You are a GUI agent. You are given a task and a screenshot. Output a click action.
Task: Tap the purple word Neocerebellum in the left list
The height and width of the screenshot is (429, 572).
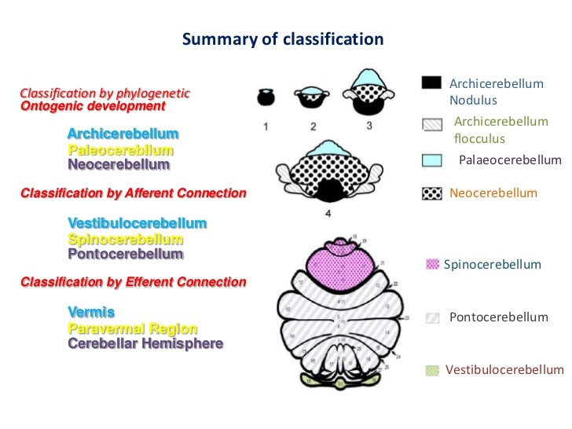[119, 164]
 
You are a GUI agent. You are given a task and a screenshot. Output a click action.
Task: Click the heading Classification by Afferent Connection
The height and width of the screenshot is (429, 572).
[133, 192]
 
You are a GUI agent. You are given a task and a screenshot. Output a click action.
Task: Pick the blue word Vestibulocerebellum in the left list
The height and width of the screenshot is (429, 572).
[137, 224]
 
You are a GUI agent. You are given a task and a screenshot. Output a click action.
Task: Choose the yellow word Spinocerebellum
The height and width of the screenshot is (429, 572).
[126, 239]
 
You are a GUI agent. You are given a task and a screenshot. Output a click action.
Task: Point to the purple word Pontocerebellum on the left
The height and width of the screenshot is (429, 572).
[126, 254]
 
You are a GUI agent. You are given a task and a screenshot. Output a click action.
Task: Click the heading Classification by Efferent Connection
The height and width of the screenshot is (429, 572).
[133, 282]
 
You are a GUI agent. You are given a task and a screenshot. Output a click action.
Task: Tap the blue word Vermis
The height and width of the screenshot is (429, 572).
[91, 313]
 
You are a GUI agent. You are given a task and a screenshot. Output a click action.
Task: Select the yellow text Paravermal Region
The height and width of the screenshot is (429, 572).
[133, 328]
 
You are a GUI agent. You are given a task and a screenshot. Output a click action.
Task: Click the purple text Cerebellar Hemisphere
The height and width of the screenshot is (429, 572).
[145, 343]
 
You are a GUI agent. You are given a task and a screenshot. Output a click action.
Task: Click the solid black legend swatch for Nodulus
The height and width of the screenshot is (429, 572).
[431, 83]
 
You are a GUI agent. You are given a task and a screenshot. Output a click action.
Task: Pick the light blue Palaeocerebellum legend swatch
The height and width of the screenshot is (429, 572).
[431, 160]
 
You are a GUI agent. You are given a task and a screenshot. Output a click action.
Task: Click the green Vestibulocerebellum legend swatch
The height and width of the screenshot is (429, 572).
[431, 370]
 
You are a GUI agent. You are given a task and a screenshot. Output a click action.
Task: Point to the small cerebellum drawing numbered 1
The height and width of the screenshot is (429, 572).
[266, 98]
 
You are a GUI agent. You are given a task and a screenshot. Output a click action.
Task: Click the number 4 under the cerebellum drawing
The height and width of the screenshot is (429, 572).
[328, 213]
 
